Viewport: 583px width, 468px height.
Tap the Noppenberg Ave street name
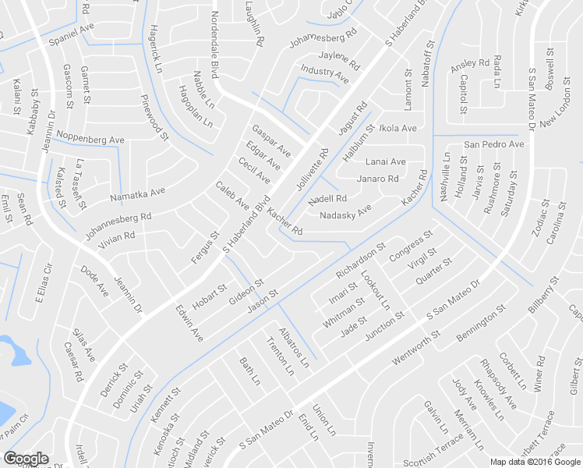tap(90, 138)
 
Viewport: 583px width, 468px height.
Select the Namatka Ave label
tap(137, 193)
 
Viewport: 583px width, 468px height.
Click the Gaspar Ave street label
tap(271, 139)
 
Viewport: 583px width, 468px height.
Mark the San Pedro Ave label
tap(494, 145)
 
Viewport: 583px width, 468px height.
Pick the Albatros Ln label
tap(294, 348)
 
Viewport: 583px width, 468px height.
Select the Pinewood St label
tap(154, 118)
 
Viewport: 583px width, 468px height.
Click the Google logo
tap(26, 459)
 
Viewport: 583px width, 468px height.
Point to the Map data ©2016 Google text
tap(534, 462)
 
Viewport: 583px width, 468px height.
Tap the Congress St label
tap(411, 246)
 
